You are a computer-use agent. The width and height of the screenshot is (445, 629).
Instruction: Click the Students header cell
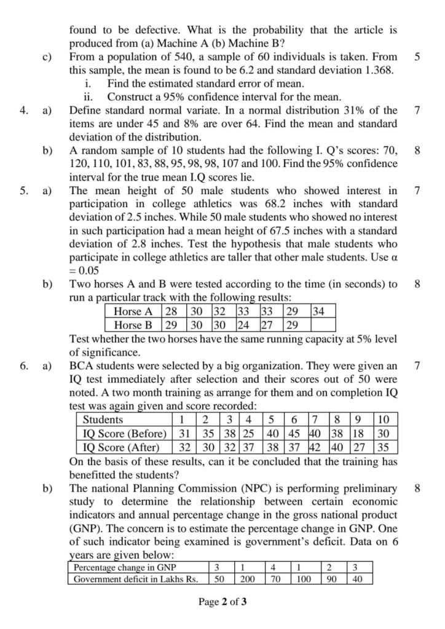[x=103, y=420]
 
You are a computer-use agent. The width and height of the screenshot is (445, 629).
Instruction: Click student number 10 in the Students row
[x=384, y=420]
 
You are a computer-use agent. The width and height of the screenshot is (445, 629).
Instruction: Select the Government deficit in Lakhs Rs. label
[x=132, y=579]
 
